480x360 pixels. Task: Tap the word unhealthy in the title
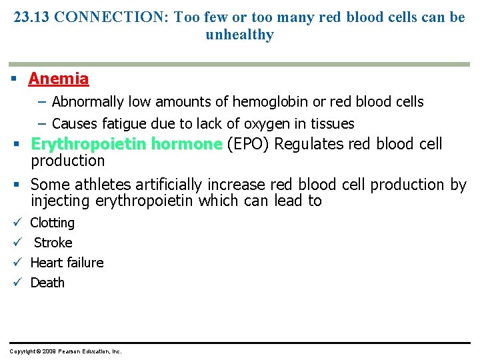[240, 35]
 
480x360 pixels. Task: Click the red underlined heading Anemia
[59, 79]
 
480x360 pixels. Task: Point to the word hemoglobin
[270, 102]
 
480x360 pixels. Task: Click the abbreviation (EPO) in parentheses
[249, 144]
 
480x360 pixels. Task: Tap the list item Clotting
[53, 223]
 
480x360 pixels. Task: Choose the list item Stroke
[53, 243]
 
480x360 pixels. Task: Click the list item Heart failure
[67, 263]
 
